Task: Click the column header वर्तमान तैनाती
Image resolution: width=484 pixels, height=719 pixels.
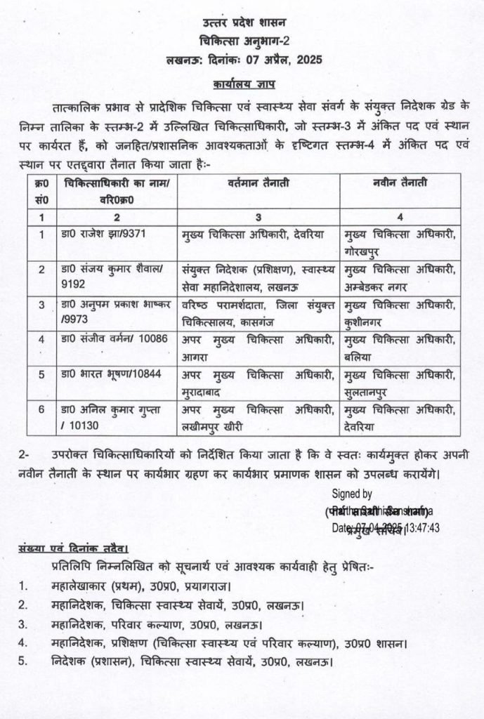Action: (258, 183)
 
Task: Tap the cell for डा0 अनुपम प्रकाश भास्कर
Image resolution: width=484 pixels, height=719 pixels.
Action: (115, 310)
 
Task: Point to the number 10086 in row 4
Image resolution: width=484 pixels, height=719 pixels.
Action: (154, 339)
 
